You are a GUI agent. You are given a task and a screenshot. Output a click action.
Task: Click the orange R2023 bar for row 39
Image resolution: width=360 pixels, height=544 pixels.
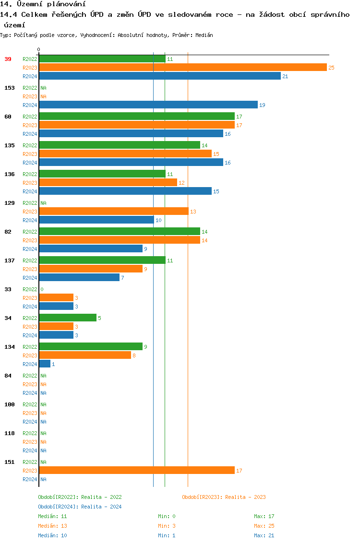click(x=182, y=68)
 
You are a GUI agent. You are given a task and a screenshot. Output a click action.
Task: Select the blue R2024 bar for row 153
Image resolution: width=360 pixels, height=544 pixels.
click(x=148, y=105)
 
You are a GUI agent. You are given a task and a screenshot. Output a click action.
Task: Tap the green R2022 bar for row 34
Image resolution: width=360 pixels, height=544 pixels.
click(x=68, y=318)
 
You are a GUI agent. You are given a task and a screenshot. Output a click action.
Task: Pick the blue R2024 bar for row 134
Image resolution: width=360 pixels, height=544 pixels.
click(x=45, y=364)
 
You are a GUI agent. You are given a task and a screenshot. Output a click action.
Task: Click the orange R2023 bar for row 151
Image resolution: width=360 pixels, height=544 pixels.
click(x=137, y=471)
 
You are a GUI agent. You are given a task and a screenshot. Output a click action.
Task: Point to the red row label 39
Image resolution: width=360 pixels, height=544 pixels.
click(x=8, y=59)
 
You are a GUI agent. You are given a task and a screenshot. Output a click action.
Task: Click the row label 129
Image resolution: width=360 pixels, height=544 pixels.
click(x=10, y=203)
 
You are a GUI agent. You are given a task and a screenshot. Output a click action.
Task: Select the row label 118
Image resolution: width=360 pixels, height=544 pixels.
click(x=10, y=433)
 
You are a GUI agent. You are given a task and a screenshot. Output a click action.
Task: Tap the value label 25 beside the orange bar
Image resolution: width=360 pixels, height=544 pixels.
click(x=331, y=68)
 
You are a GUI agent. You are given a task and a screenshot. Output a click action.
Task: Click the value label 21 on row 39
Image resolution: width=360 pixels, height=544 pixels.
click(x=285, y=76)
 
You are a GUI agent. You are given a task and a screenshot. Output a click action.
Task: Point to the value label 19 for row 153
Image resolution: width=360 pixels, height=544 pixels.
click(x=262, y=105)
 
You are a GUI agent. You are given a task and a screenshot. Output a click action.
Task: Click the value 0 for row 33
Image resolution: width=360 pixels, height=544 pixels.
click(x=42, y=289)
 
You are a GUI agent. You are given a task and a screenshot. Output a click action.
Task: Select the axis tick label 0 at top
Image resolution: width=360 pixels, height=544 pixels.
click(x=39, y=49)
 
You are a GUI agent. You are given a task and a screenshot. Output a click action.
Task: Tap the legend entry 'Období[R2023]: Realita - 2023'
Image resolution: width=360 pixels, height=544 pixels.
click(x=224, y=497)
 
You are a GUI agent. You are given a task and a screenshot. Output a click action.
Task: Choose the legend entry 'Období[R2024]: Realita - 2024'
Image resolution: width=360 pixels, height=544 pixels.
click(x=80, y=507)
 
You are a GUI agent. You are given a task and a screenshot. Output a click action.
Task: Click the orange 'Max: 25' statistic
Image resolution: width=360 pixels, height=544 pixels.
click(x=264, y=526)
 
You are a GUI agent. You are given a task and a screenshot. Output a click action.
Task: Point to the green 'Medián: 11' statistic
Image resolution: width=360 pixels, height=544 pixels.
click(x=52, y=516)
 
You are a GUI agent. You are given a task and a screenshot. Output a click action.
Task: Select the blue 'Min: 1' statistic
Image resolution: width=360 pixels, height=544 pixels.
click(x=167, y=535)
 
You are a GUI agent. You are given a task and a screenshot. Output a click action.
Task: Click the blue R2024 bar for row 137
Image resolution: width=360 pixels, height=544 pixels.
click(x=79, y=278)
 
